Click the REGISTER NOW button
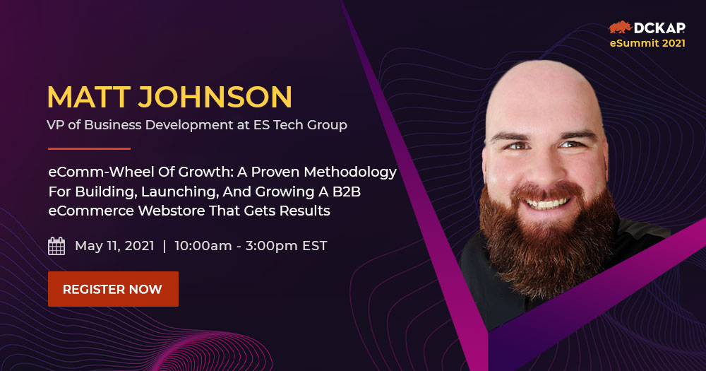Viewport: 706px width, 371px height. click(113, 289)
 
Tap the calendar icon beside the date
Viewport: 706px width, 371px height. click(56, 246)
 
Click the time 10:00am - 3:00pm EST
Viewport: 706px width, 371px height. click(251, 246)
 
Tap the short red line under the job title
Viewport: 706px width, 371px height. click(89, 148)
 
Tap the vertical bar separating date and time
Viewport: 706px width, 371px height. click(164, 246)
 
